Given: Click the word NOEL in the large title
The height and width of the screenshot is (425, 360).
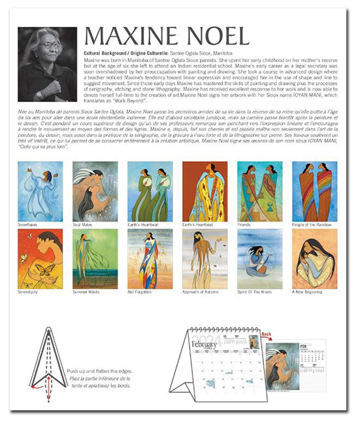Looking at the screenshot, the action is click(216, 37).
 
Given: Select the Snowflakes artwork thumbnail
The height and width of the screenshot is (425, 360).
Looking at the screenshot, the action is click(41, 192).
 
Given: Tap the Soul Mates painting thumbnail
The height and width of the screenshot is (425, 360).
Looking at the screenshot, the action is click(95, 192).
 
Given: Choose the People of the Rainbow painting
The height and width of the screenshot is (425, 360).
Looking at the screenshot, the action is click(314, 192).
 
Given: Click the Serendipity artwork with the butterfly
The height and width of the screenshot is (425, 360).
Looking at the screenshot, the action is click(41, 258).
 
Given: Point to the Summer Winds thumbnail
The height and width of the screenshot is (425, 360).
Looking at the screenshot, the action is click(95, 258).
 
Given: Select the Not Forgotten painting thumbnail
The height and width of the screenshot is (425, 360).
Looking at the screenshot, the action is click(150, 258).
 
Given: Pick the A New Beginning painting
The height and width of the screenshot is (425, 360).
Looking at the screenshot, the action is click(314, 258).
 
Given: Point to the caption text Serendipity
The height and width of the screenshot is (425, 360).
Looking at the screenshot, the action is click(29, 291).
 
